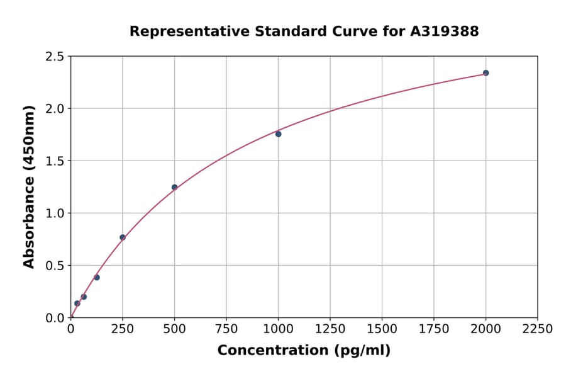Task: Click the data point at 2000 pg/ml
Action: click(486, 73)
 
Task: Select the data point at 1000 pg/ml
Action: click(278, 134)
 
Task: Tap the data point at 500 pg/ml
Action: click(174, 187)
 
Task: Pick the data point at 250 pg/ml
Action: click(123, 237)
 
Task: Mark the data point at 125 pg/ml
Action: click(97, 278)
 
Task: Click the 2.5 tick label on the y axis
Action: click(55, 57)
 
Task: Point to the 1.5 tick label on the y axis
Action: click(55, 161)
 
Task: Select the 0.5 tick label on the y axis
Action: click(55, 266)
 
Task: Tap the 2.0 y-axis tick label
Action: click(55, 109)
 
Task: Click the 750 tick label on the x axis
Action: click(226, 329)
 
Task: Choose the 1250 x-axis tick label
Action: click(330, 329)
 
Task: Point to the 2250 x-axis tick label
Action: click(538, 329)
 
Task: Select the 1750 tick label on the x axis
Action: click(434, 329)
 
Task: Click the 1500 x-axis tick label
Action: click(382, 329)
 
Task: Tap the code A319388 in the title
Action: click(445, 31)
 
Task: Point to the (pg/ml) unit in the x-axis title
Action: click(362, 351)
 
